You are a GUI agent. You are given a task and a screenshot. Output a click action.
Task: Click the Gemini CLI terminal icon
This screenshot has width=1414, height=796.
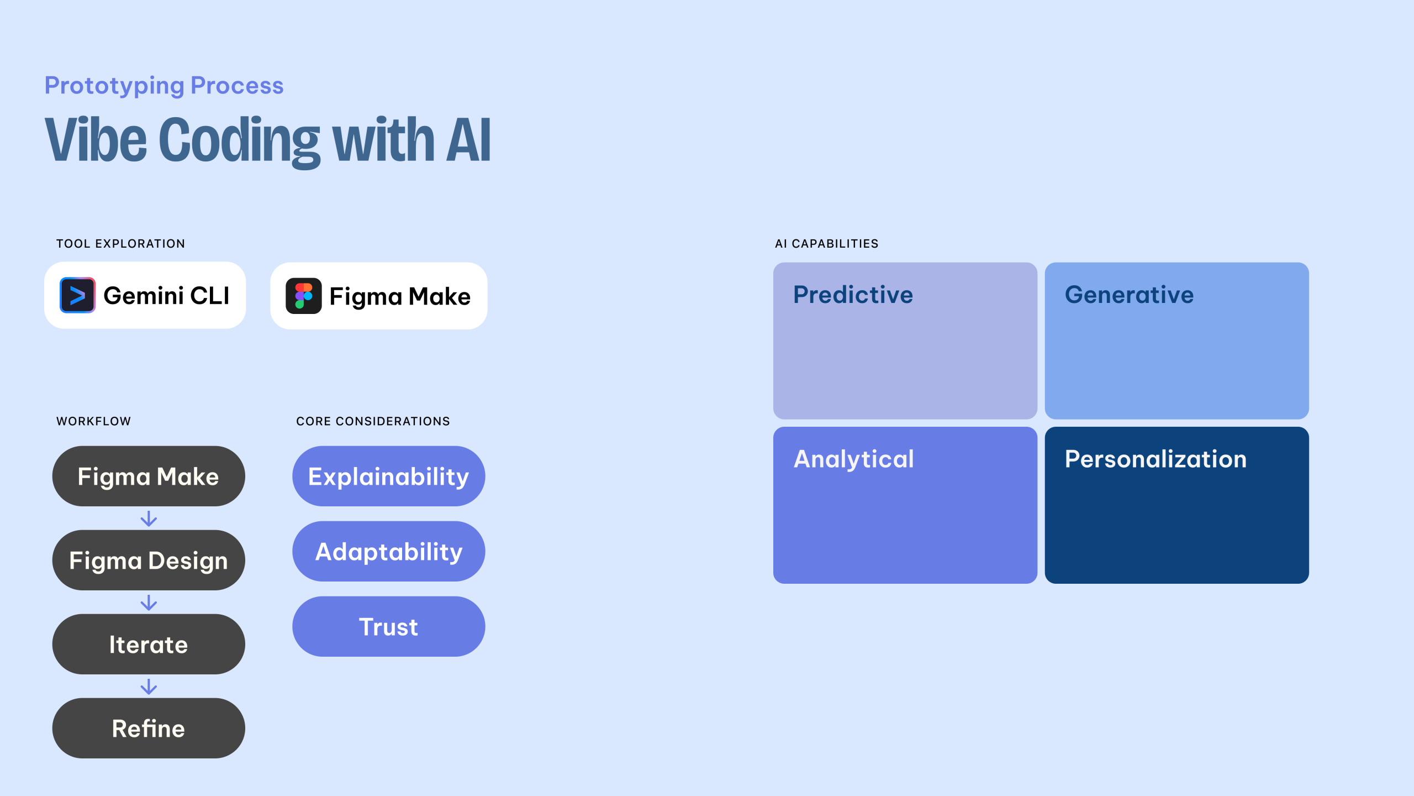(x=77, y=295)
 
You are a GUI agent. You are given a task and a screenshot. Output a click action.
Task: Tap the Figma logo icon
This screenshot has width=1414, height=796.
(x=304, y=296)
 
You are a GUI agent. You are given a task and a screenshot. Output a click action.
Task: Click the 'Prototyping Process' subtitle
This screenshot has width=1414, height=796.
(x=164, y=86)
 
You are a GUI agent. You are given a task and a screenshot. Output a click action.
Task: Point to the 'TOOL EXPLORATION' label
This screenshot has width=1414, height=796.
(x=120, y=244)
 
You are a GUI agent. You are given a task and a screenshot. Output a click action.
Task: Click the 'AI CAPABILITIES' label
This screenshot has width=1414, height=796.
(x=826, y=244)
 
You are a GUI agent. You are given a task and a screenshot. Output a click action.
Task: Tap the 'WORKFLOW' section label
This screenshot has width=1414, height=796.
(x=93, y=421)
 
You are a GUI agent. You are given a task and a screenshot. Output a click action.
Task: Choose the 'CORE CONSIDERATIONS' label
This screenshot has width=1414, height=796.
(x=373, y=421)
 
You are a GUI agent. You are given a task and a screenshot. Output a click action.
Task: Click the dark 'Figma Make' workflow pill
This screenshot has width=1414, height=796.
(x=149, y=476)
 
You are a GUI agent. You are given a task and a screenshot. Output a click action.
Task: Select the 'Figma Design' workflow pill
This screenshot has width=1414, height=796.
(x=149, y=560)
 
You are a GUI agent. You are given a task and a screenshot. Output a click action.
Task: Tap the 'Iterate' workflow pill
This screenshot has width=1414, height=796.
(x=149, y=644)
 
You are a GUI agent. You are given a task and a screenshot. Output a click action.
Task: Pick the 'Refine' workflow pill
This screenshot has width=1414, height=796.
(x=149, y=728)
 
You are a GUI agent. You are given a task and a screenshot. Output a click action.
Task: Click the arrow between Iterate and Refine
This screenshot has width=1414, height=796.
(x=149, y=687)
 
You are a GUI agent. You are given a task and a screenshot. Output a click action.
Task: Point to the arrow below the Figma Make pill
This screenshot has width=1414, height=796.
(x=149, y=519)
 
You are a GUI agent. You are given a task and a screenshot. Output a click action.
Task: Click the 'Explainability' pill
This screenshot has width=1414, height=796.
(x=389, y=476)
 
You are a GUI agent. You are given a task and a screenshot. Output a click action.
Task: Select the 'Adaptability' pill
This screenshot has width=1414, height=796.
(x=389, y=551)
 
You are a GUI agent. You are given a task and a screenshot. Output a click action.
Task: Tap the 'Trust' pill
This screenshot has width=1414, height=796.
(x=389, y=626)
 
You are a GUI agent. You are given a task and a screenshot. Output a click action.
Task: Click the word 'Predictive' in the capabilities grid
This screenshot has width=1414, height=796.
(x=853, y=295)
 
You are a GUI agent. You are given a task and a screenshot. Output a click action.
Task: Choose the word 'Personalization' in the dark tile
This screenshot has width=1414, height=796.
(x=1156, y=459)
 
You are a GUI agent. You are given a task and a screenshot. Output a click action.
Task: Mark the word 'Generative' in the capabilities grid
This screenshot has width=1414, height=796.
(x=1129, y=295)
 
